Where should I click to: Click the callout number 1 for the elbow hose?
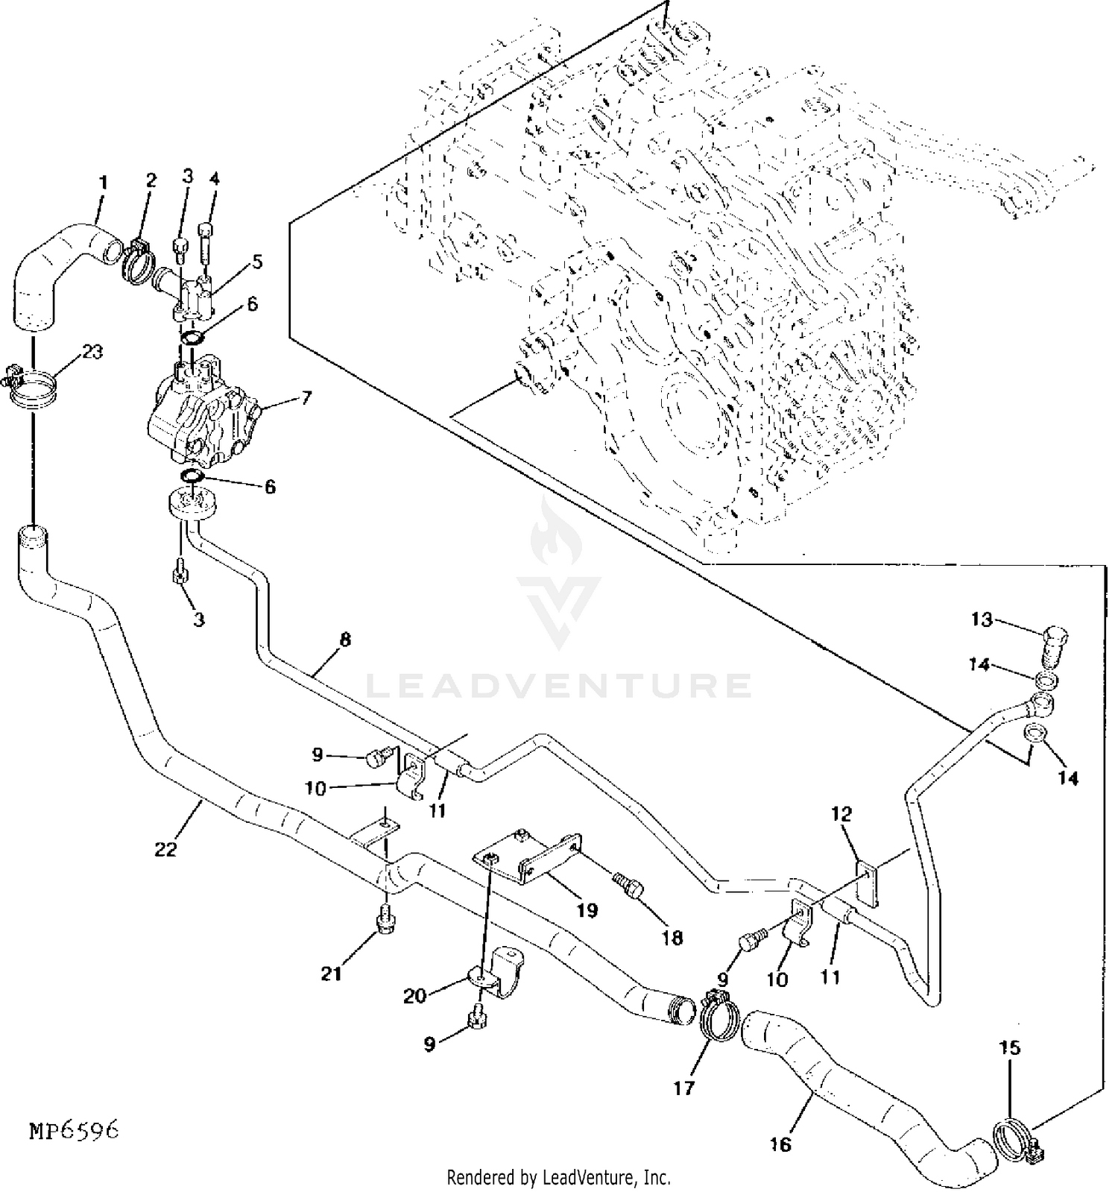(104, 182)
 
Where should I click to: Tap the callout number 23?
(92, 352)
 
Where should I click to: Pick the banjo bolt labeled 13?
(1052, 646)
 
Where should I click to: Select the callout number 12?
(841, 814)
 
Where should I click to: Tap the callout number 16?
(780, 1144)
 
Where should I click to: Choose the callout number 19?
(587, 910)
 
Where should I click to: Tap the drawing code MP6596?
(74, 1132)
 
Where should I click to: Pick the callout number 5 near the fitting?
(257, 262)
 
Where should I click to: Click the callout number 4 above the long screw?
(215, 180)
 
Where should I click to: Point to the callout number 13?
(982, 619)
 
